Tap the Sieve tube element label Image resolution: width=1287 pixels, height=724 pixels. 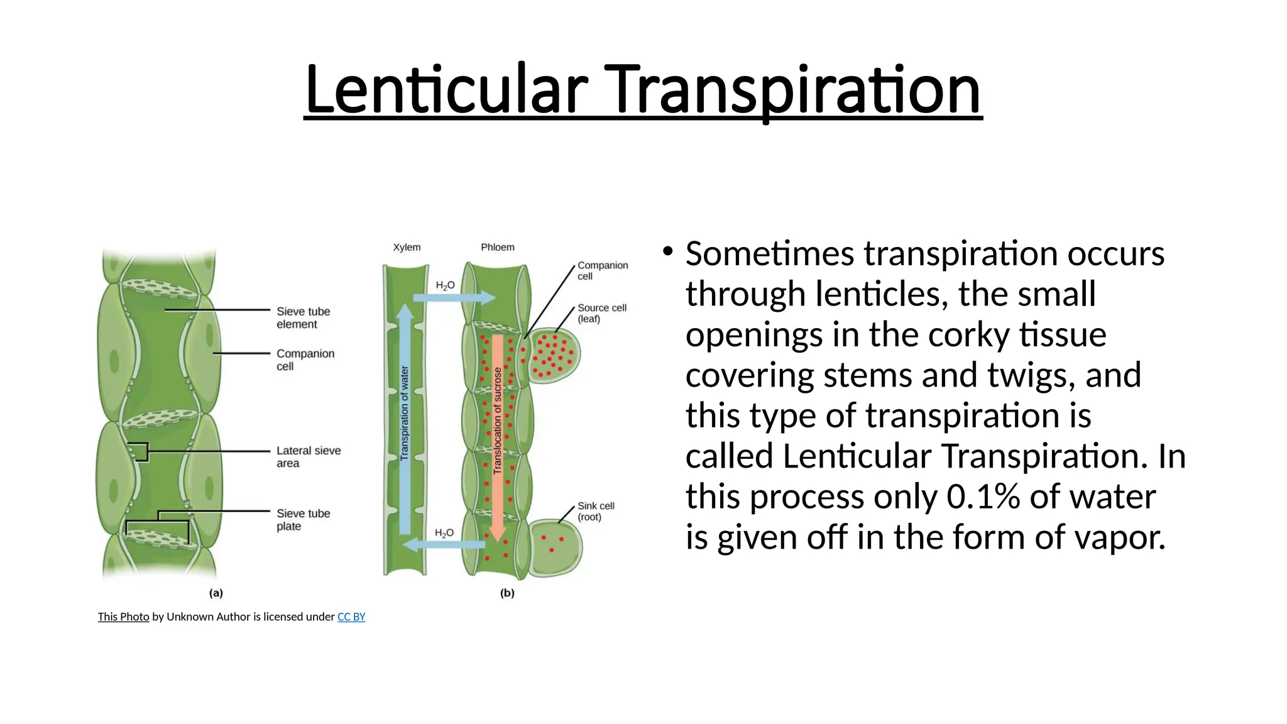(x=303, y=317)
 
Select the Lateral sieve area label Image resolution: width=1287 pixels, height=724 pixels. (x=308, y=457)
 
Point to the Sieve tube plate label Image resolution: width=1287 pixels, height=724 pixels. (x=303, y=520)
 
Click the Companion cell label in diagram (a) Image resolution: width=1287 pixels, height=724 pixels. (x=305, y=359)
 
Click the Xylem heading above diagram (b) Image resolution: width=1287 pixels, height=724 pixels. (x=407, y=247)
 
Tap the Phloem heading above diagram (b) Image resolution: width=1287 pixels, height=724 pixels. (x=497, y=247)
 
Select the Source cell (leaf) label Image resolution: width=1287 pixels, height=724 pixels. (x=601, y=313)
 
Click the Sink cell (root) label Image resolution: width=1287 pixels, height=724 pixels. (x=595, y=511)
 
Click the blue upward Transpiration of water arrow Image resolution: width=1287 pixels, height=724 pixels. (x=405, y=415)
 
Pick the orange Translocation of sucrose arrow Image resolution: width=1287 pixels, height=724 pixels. (x=497, y=434)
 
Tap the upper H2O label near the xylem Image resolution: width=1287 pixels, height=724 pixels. (x=445, y=285)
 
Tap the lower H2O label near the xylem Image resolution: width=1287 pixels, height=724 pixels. (x=444, y=533)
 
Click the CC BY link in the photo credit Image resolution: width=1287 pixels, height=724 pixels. (x=351, y=617)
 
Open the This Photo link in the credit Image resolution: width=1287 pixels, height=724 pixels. (x=123, y=617)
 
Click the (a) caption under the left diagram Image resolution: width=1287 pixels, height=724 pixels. (x=216, y=593)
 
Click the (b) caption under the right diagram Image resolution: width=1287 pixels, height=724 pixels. (x=507, y=593)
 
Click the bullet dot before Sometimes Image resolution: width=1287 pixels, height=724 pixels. (x=667, y=252)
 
